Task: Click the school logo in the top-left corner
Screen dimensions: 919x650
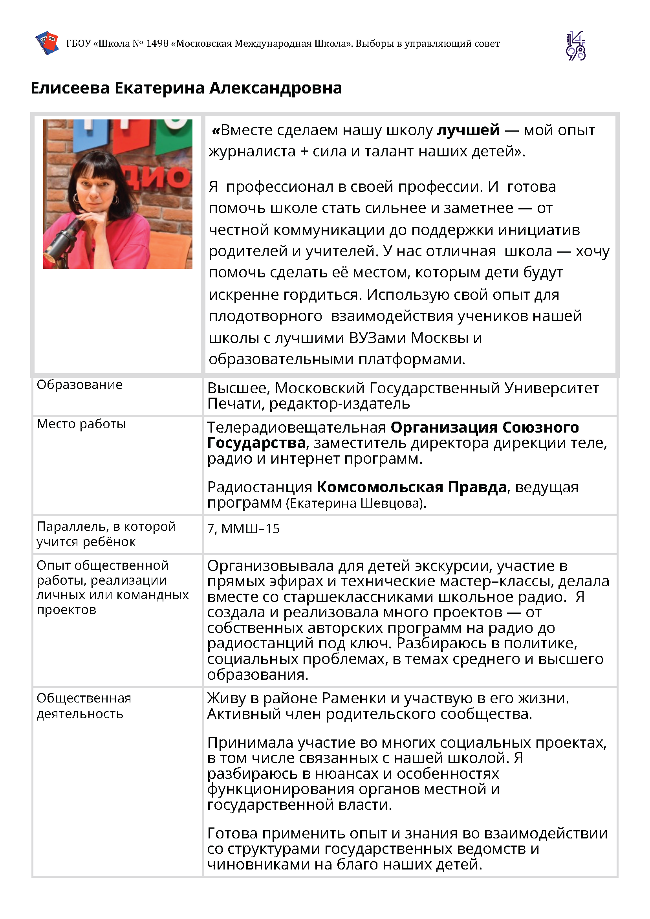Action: [47, 42]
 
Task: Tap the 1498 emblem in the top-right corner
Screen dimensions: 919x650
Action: [575, 46]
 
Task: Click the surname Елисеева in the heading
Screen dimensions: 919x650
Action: [70, 88]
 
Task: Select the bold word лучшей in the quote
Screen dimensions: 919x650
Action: [468, 130]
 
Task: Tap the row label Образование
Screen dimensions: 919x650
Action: [79, 384]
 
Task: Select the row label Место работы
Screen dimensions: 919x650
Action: [81, 424]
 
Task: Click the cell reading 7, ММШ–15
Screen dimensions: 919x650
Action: [244, 528]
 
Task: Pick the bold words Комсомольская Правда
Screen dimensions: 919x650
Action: [412, 487]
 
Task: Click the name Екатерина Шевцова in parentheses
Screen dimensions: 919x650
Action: [356, 503]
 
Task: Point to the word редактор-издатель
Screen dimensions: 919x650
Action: [339, 404]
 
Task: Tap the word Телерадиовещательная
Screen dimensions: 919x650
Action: [296, 427]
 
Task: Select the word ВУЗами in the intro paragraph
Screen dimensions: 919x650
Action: [377, 338]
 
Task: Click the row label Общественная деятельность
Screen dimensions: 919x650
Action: [84, 706]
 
